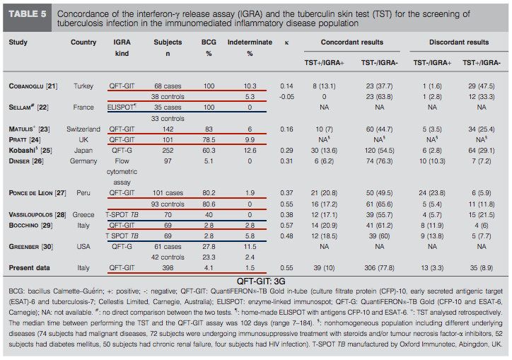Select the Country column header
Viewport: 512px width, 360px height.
(x=83, y=42)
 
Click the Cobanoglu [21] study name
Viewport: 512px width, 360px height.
(x=33, y=86)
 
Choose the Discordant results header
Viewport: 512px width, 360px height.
(x=459, y=42)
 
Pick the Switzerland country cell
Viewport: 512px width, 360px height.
(x=83, y=129)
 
